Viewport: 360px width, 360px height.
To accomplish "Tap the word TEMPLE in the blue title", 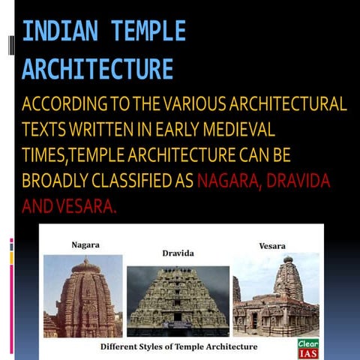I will [x=148, y=32].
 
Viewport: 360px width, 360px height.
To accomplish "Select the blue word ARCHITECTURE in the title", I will [x=97, y=69].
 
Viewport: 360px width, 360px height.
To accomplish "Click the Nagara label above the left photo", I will [x=85, y=244].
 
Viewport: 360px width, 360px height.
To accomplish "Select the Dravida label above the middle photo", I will [x=178, y=253].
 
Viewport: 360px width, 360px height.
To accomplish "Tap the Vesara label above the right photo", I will [x=271, y=245].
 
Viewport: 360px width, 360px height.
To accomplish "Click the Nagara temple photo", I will [x=82, y=295].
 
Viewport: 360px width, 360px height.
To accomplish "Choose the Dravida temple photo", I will [x=178, y=300].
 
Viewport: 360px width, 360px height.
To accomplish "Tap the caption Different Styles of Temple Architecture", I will [x=178, y=347].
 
